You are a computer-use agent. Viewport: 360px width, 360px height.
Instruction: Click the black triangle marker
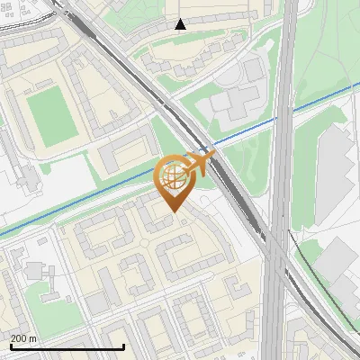point(181,24)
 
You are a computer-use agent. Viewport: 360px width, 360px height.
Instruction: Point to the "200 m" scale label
point(23,338)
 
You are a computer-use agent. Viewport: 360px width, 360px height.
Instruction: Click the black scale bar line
point(67,347)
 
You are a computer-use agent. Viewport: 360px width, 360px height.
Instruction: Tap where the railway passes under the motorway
point(280,261)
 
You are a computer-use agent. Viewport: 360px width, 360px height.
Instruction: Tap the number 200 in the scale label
point(19,338)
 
